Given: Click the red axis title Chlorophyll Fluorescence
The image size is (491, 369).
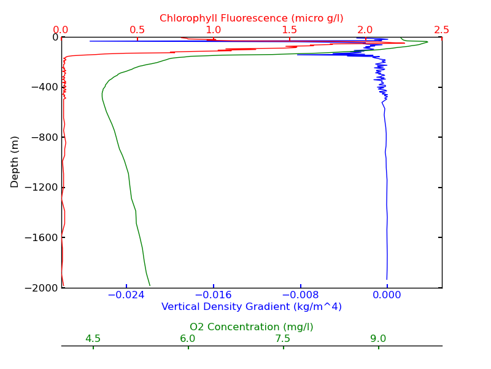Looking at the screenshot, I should click(252, 18).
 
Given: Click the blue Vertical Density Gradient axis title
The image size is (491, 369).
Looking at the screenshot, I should click(252, 306).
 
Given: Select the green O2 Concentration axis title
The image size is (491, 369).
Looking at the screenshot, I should click(252, 327).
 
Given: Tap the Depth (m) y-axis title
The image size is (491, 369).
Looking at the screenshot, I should click(15, 162).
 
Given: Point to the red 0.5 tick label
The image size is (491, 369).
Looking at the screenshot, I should click(137, 30).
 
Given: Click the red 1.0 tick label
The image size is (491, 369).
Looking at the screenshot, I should click(214, 30).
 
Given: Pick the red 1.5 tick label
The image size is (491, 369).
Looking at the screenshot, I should click(290, 30).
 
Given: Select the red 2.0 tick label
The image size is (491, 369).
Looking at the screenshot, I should click(366, 30).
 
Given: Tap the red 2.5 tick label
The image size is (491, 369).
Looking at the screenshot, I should click(442, 30).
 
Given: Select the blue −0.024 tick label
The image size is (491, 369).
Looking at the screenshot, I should click(126, 295).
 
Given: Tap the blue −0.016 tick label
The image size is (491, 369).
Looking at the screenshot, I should click(214, 295).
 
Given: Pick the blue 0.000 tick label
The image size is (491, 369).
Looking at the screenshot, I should click(387, 295).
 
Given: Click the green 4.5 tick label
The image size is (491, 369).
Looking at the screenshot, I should click(93, 339).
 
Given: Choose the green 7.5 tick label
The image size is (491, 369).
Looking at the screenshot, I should click(283, 339).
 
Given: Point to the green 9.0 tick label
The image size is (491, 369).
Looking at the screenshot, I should click(378, 339).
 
